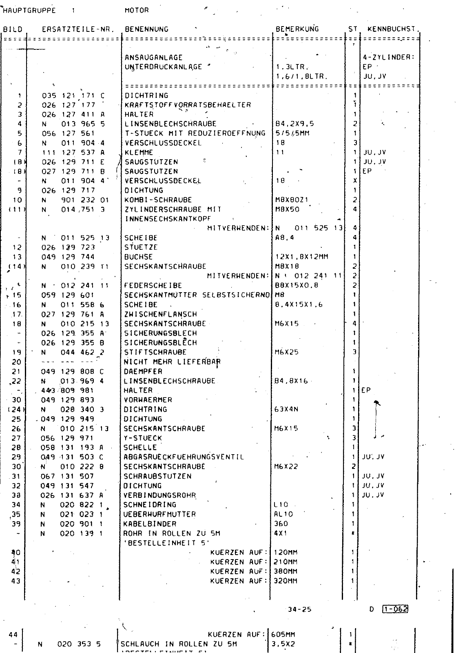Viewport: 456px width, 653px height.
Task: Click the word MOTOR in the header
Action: tap(137, 10)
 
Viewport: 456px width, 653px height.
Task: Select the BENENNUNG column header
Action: tap(146, 29)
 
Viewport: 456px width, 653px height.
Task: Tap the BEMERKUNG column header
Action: tap(297, 29)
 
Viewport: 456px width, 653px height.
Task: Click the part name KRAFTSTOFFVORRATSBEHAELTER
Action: tap(188, 105)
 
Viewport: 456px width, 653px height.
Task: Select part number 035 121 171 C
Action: tap(73, 96)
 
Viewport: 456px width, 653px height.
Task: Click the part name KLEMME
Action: tap(139, 153)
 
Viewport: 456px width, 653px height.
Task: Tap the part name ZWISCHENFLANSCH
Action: tap(160, 314)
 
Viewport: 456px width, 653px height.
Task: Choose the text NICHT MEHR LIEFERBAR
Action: tap(172, 362)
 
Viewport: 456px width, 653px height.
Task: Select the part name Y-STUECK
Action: tap(143, 438)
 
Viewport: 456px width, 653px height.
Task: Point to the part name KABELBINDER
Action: tap(150, 524)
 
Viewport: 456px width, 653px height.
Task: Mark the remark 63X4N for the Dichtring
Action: tap(287, 409)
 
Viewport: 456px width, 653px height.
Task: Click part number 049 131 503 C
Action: tap(73, 457)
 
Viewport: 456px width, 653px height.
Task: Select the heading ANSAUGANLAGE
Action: tap(154, 58)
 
